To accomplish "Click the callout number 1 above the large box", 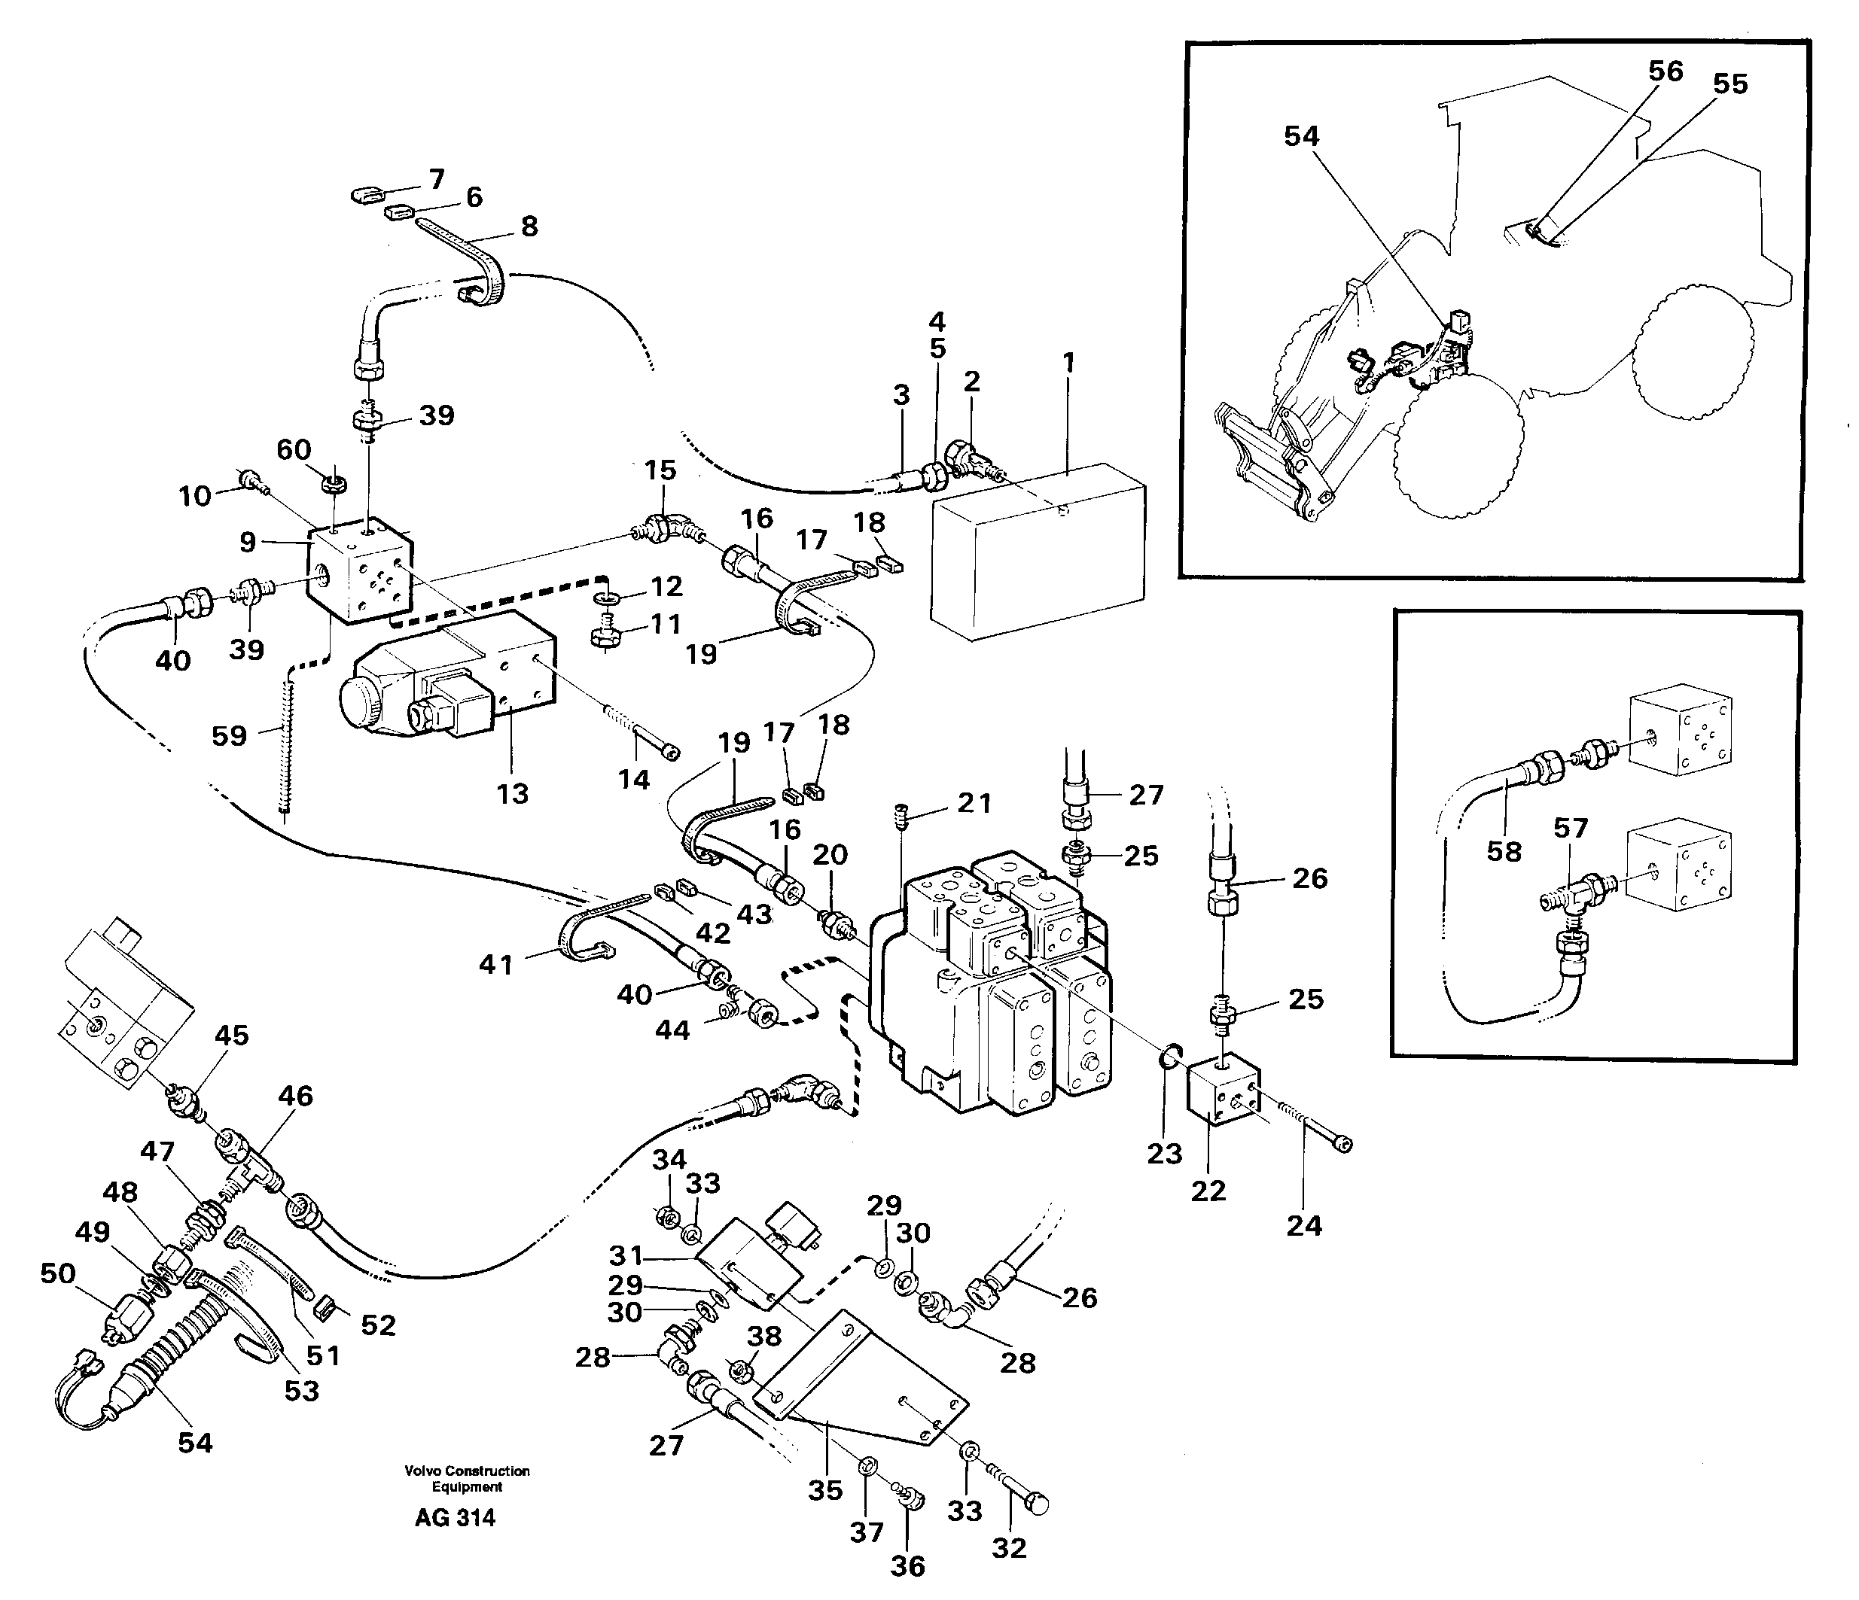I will pyautogui.click(x=1068, y=363).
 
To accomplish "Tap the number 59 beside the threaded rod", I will pyautogui.click(x=229, y=735).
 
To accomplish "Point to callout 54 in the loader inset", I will pyautogui.click(x=1301, y=136).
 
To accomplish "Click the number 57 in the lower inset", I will pyautogui.click(x=1570, y=828).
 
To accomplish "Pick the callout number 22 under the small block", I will pyautogui.click(x=1208, y=1191).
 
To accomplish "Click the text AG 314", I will pyautogui.click(x=455, y=1517).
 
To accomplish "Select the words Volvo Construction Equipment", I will pyautogui.click(x=467, y=1478).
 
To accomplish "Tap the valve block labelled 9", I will pyautogui.click(x=359, y=574).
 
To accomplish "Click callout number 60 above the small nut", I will pyautogui.click(x=294, y=449).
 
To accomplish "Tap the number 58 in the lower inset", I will pyautogui.click(x=1504, y=850).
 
